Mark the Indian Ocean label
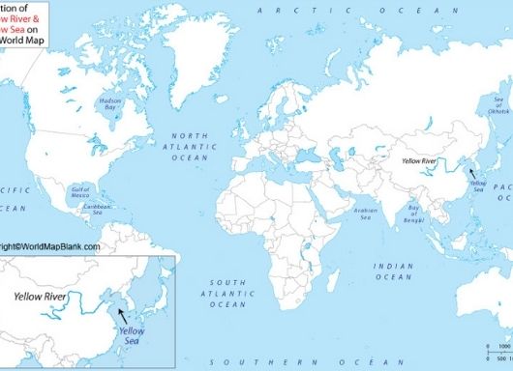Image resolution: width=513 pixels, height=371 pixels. click(395, 271)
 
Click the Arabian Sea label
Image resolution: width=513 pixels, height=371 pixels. click(362, 215)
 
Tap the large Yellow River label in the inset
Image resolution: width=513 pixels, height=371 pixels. click(46, 297)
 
